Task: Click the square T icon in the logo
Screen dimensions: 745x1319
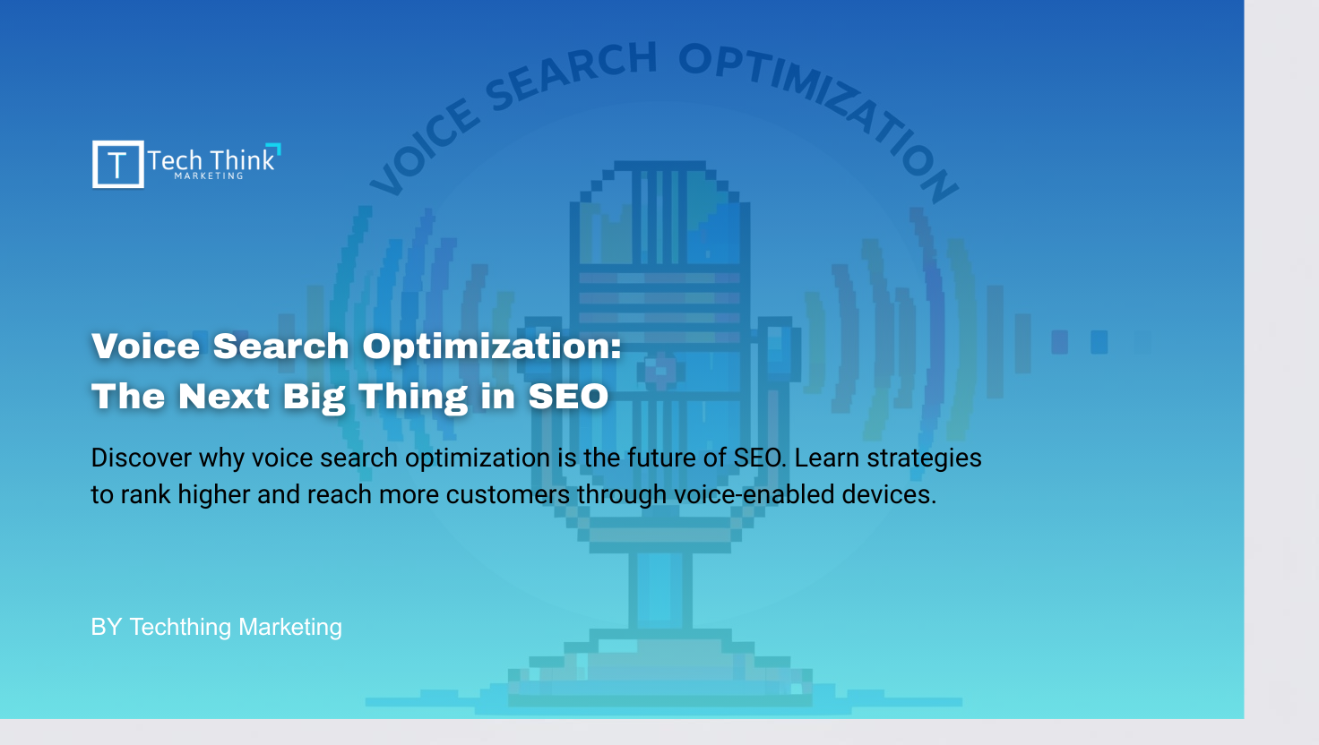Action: click(x=117, y=165)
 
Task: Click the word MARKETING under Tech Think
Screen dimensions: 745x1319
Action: click(x=209, y=176)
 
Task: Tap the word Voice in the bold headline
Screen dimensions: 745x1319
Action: click(x=145, y=347)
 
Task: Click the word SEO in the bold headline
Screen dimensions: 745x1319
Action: click(x=568, y=397)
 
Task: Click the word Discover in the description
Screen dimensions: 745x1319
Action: click(x=141, y=458)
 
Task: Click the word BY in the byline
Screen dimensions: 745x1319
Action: click(x=106, y=627)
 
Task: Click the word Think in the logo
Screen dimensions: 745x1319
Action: click(x=242, y=160)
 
